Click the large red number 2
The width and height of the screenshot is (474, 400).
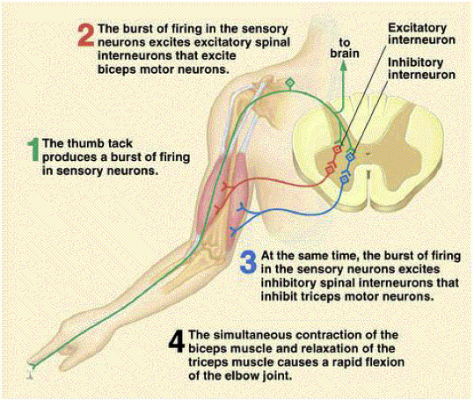86,35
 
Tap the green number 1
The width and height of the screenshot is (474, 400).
33,150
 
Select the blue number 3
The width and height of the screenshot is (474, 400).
249,262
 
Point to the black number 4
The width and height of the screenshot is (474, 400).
176,341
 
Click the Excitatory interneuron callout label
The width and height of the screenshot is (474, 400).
422,33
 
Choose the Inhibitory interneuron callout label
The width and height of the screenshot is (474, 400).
422,69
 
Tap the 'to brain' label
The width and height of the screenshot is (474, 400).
345,48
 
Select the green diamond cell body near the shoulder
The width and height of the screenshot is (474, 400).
290,82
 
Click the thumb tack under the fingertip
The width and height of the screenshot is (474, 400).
30,374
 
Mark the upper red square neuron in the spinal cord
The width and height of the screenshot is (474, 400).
337,149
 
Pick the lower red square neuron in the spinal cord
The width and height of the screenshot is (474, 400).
330,170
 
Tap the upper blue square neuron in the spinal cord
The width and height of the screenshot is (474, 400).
350,156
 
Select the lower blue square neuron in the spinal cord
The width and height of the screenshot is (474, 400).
345,179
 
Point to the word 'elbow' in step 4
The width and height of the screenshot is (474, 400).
244,376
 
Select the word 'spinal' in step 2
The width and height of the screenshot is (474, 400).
272,42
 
